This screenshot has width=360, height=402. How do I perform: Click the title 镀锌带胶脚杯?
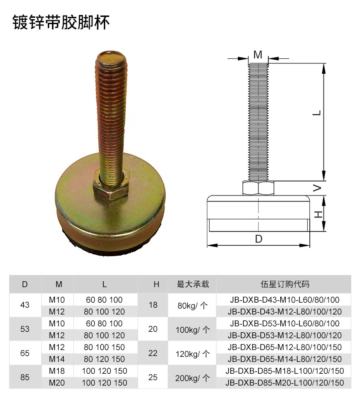[61, 22]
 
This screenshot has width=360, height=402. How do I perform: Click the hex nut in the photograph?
[111, 186]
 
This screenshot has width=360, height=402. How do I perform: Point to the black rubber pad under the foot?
[109, 247]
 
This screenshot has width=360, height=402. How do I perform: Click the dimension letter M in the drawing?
[257, 55]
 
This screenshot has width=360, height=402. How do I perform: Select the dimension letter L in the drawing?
[318, 113]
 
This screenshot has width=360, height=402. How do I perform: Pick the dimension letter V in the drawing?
[318, 188]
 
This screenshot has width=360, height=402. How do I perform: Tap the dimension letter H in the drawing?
[318, 214]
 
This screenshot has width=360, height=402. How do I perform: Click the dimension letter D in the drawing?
[258, 239]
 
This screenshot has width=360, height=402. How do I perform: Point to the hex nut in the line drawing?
[258, 188]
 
